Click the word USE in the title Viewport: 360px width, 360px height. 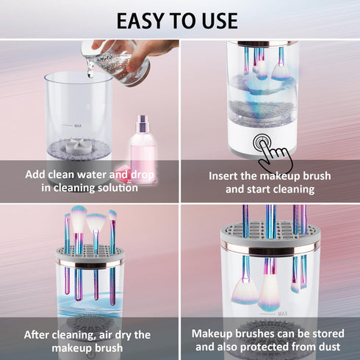[217, 20]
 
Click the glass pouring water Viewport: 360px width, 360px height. [117, 59]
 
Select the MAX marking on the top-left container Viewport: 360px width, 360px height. [77, 126]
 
